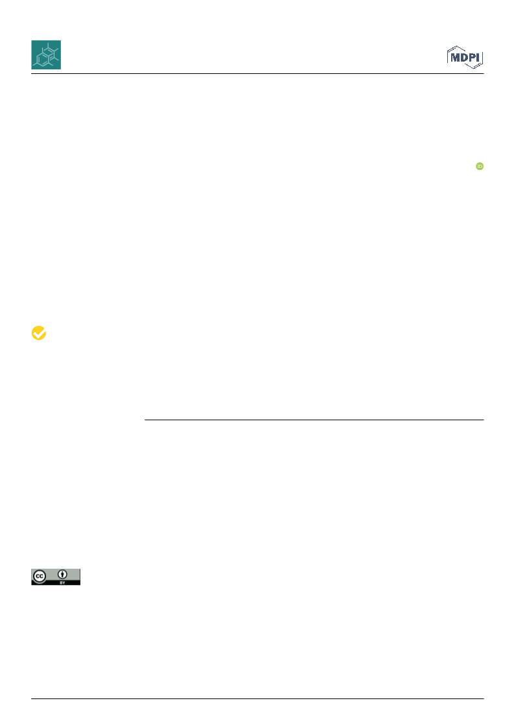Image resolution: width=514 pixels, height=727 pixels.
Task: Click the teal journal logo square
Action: click(46, 54)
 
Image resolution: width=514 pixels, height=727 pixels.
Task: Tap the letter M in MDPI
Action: click(455, 58)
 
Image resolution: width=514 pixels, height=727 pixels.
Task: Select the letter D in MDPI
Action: click(464, 58)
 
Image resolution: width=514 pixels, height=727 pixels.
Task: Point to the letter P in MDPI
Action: click(472, 58)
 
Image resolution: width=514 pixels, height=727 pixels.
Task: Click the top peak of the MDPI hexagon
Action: click(458, 46)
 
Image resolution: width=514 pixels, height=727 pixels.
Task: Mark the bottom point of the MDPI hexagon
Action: click(474, 69)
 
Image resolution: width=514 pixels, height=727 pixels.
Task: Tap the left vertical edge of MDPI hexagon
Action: click(448, 57)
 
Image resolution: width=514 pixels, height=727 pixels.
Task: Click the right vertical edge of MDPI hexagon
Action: click(482, 58)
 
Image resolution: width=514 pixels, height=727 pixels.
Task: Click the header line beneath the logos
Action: click(257, 73)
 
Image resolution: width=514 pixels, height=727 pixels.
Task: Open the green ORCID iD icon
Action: click(480, 166)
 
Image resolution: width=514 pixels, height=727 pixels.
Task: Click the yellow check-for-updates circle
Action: click(39, 333)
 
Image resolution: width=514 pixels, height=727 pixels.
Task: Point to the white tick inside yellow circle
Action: click(39, 333)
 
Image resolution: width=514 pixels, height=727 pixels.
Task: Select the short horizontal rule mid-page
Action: click(314, 420)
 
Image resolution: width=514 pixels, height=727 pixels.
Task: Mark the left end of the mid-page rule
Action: click(145, 420)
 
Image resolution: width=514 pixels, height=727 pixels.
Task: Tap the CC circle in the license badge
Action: click(40, 577)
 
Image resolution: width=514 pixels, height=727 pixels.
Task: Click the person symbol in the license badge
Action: click(62, 575)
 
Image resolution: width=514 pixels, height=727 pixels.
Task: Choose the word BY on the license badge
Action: click(62, 582)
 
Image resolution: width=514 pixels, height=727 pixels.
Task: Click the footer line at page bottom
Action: click(257, 698)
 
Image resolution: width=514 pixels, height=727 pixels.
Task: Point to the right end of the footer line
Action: click(484, 698)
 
